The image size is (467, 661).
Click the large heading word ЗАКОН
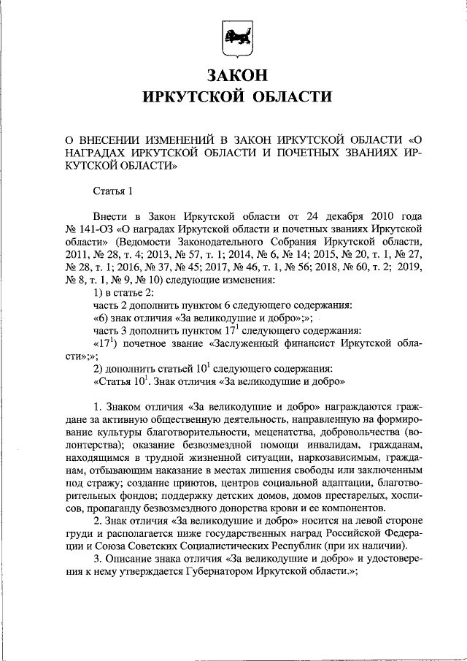(233, 75)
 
